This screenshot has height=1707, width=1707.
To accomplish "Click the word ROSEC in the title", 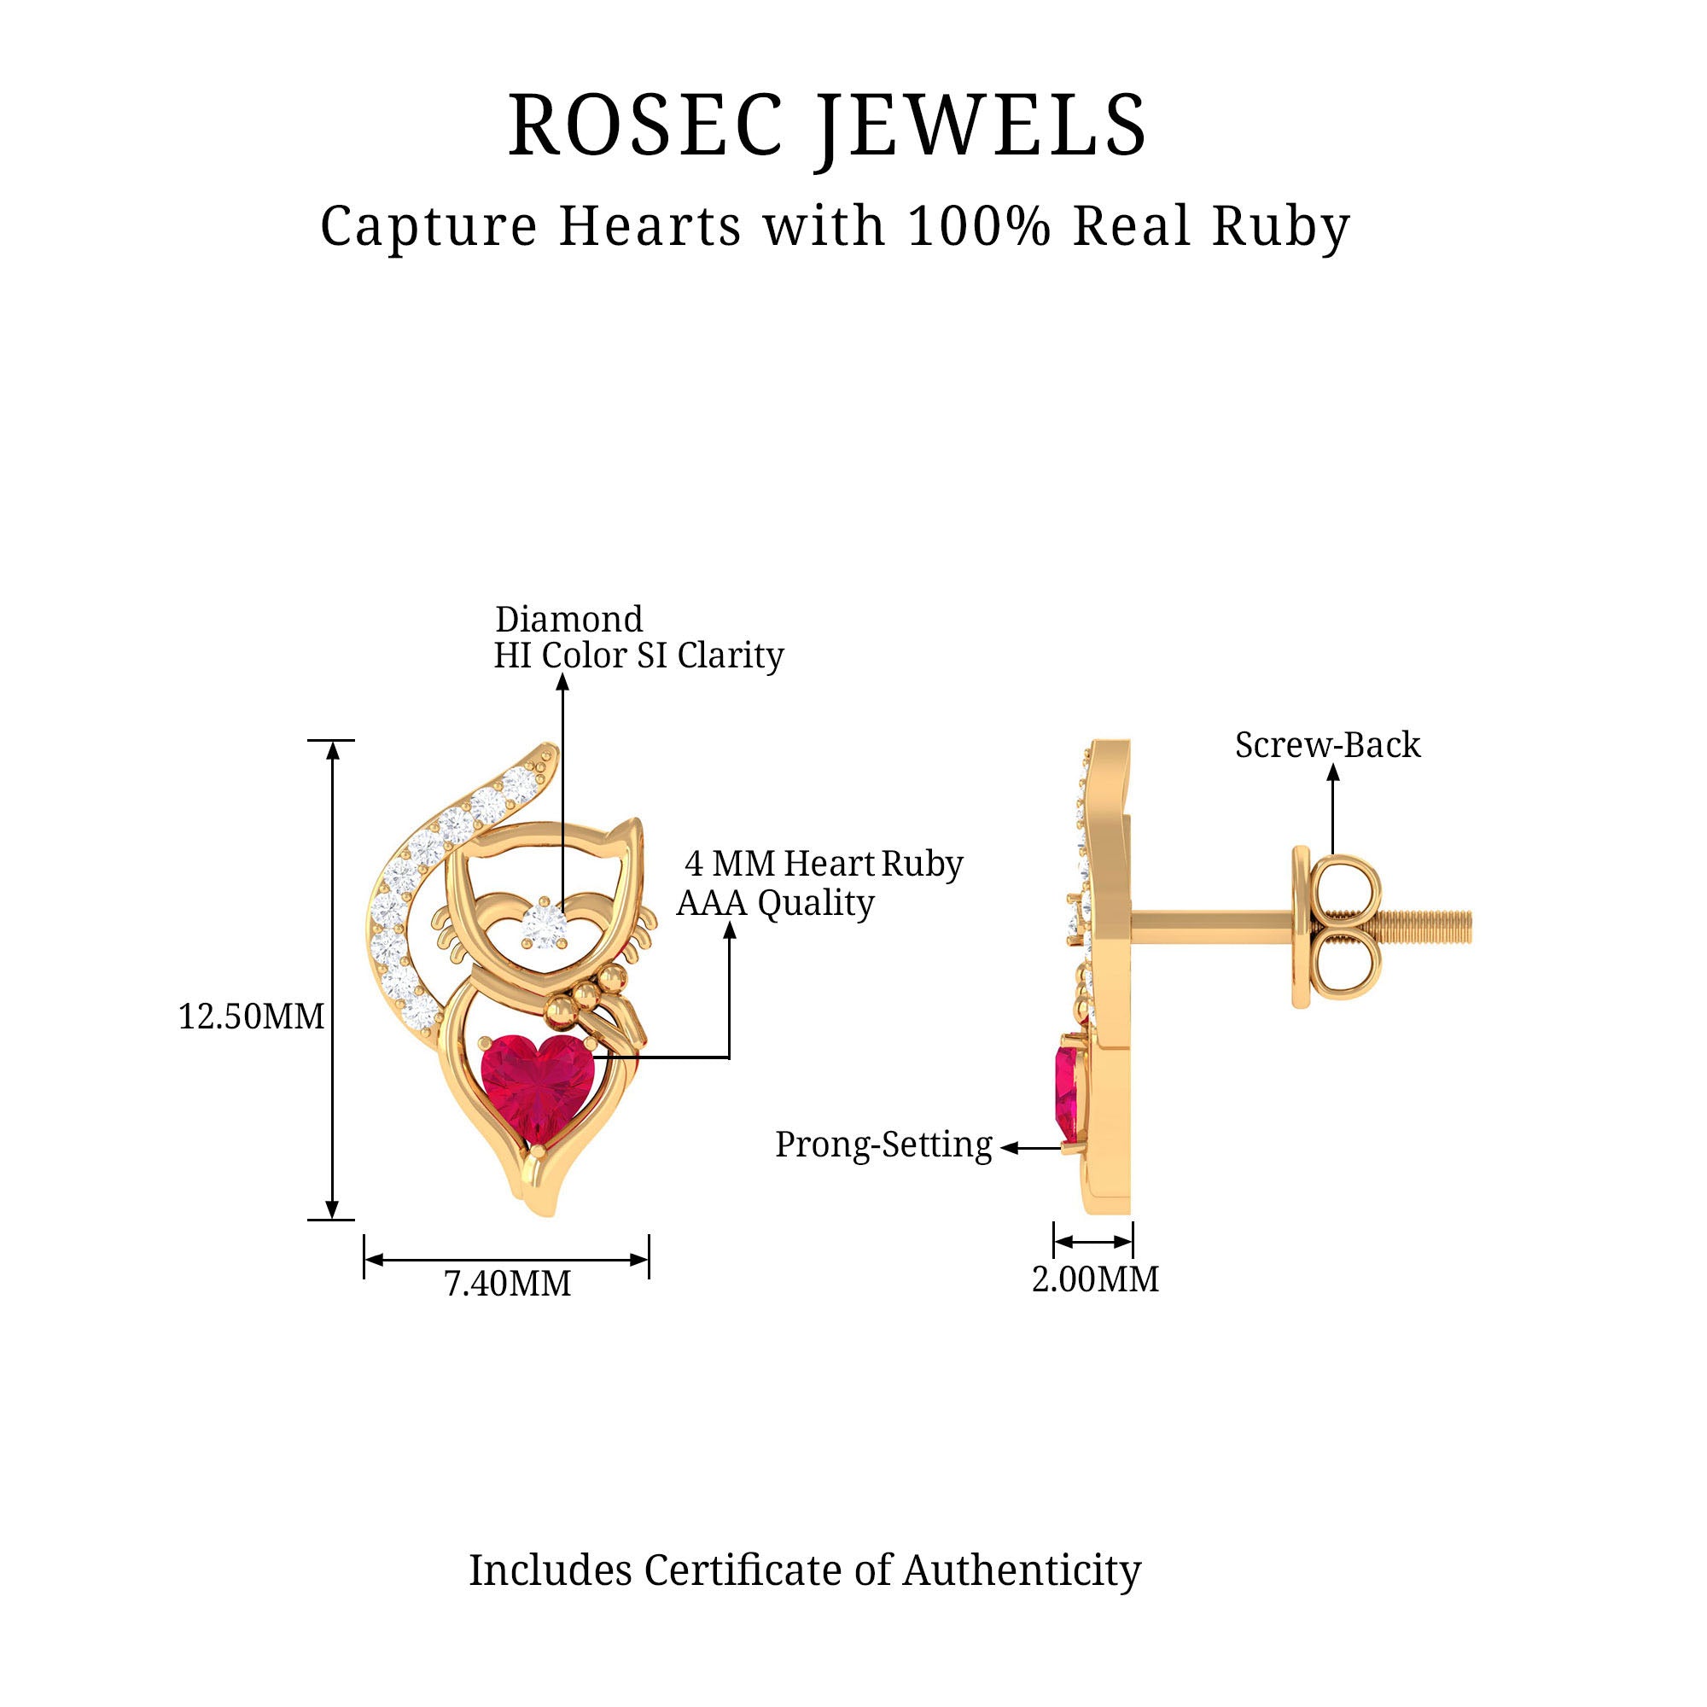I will point(646,125).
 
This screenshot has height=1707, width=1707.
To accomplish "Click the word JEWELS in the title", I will point(981,125).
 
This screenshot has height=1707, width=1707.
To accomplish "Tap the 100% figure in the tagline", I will point(979,226).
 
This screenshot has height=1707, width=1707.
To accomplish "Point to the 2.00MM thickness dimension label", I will point(1095,1279).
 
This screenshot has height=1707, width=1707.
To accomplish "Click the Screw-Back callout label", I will point(1327,745).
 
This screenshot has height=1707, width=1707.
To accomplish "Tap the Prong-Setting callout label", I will point(883,1145).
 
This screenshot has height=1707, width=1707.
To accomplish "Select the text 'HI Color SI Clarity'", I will point(638,655).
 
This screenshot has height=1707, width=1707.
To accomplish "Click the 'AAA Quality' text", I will point(775,903).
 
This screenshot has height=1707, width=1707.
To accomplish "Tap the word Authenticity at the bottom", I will point(1022,1570).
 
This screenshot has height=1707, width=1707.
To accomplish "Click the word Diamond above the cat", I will point(568,620).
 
